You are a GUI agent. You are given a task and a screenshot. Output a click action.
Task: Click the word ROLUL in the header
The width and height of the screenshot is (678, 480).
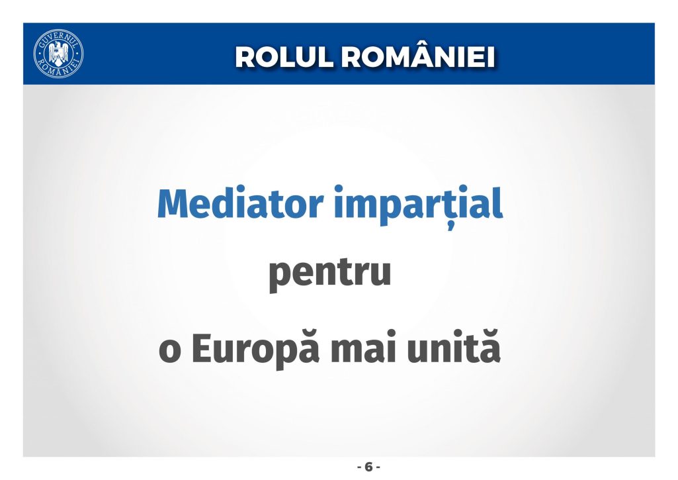click(284, 57)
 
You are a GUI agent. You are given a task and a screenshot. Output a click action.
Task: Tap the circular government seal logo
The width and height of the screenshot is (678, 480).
click(58, 54)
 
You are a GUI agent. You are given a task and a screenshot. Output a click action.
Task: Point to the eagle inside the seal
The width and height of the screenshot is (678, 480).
click(58, 53)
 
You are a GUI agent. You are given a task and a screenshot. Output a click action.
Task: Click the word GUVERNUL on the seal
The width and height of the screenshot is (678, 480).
click(58, 38)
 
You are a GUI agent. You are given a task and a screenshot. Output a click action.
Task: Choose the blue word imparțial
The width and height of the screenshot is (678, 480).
click(419, 207)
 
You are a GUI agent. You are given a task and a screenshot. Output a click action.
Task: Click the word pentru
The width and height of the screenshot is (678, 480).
click(330, 273)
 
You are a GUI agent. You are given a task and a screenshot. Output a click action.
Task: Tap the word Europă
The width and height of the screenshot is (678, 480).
click(255, 348)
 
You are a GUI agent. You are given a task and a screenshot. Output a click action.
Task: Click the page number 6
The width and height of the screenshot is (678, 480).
click(368, 467)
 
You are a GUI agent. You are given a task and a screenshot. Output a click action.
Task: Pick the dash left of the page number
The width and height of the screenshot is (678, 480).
click(359, 468)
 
